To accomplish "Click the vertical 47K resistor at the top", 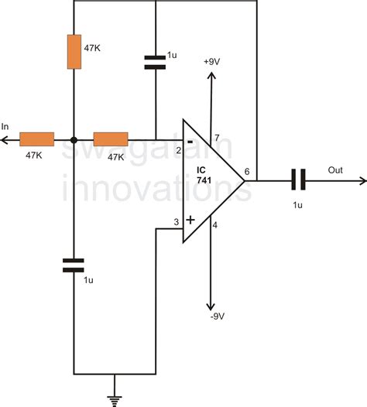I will [74, 51].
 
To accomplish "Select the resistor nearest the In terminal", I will [36, 139].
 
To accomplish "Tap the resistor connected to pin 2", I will [110, 139].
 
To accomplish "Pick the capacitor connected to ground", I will [74, 265].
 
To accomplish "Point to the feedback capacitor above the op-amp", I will [156, 63].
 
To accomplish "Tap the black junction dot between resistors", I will [74, 140].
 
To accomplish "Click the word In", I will [7, 127].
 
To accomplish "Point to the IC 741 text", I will [202, 174].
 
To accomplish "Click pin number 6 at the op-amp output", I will [246, 172].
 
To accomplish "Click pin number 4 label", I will [214, 226].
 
